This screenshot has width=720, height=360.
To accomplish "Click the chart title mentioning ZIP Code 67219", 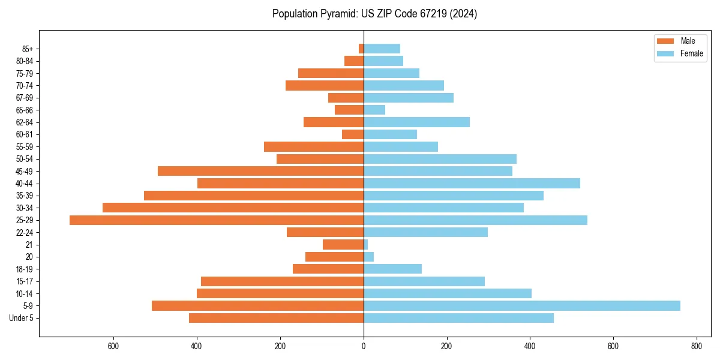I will tap(374, 14).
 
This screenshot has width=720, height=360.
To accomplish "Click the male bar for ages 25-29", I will tap(217, 220).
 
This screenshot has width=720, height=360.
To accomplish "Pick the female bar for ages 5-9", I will tap(521, 306).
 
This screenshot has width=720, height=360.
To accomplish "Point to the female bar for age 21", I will tap(366, 245).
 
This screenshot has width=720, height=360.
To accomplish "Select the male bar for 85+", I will tap(361, 49).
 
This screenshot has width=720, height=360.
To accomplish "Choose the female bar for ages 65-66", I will tap(374, 110).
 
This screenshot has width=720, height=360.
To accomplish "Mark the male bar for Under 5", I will tap(276, 318).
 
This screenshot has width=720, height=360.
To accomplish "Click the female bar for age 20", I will tap(369, 257).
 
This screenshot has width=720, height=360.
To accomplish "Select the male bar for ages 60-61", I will tap(353, 134).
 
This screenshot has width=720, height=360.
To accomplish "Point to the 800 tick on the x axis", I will tap(696, 346).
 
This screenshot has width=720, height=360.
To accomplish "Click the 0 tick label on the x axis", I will tap(364, 346).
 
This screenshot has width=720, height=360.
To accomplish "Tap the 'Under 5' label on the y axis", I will tap(22, 318).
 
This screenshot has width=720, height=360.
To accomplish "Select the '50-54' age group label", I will tap(25, 159).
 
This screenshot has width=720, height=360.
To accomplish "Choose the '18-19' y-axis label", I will tap(25, 269).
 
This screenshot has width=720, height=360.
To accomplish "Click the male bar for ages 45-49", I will tap(260, 171).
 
